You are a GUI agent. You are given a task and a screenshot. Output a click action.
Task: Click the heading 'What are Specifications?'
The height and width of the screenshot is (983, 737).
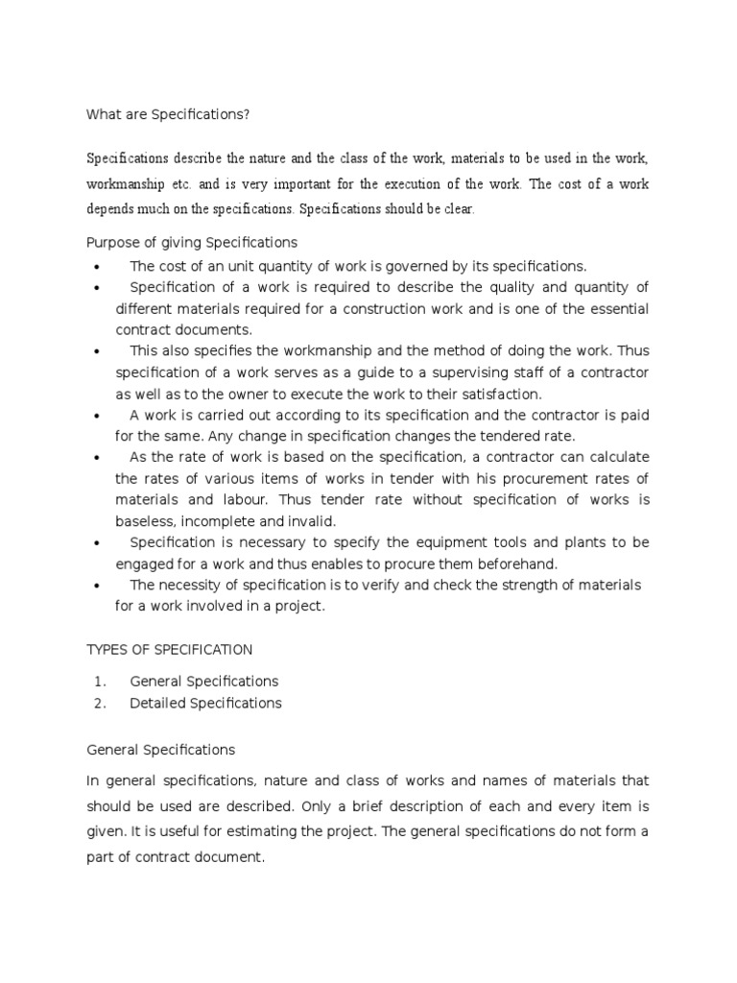(x=168, y=114)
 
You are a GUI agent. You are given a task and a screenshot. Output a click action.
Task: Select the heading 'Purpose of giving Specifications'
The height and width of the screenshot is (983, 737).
(x=192, y=242)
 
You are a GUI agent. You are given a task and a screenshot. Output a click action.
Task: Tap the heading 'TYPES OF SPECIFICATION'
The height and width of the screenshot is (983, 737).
(x=170, y=650)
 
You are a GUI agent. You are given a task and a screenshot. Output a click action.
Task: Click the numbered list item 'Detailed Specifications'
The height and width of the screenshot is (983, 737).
(x=205, y=703)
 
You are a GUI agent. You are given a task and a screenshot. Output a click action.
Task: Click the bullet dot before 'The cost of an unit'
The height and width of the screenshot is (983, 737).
(x=98, y=267)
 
